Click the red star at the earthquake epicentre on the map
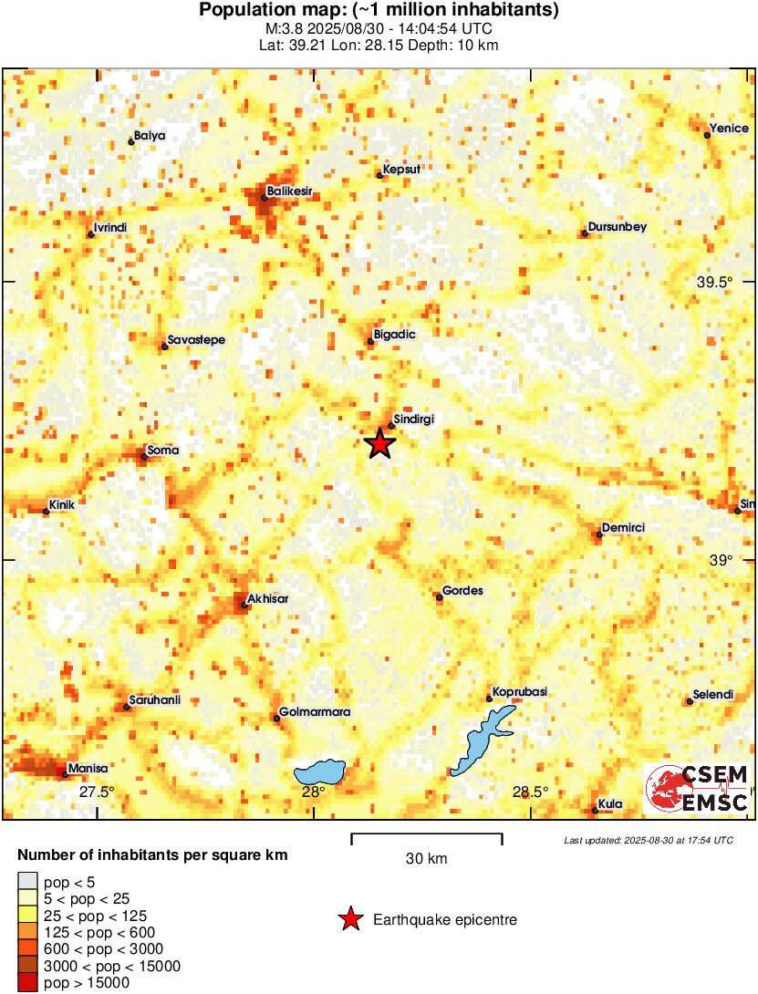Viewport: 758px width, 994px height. click(379, 444)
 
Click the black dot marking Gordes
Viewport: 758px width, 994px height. click(440, 597)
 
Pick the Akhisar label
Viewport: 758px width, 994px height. click(269, 598)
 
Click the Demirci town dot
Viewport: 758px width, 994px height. click(598, 534)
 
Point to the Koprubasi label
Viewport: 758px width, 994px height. click(519, 692)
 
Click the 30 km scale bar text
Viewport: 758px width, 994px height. click(426, 859)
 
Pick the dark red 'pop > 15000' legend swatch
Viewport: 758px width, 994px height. click(28, 983)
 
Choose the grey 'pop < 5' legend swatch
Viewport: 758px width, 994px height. click(28, 881)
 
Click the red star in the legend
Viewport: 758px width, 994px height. click(349, 920)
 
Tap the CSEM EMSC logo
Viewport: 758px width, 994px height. click(698, 789)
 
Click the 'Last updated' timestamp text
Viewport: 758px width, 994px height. click(649, 840)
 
